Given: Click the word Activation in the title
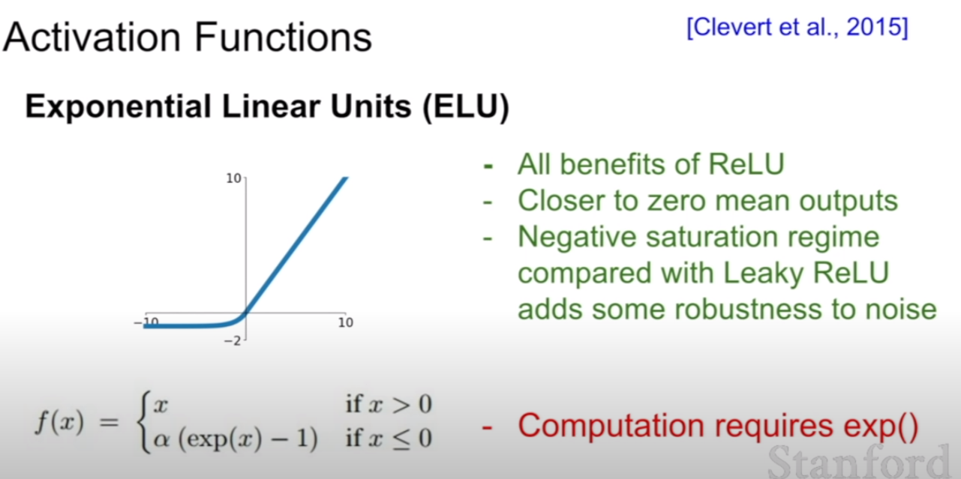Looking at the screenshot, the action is point(92,37).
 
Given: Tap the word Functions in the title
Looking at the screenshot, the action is point(283,37).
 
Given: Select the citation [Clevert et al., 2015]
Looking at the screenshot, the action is point(797,28).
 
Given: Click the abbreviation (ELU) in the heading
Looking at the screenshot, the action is point(466,106).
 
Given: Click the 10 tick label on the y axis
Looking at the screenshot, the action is point(234,178).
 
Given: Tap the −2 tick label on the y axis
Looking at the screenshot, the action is point(233,341).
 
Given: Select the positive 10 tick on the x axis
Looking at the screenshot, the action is point(346,322).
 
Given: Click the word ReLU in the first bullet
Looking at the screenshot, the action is point(746,164).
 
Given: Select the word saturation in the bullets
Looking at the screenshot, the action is point(713,237).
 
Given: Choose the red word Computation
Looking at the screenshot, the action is point(611,426).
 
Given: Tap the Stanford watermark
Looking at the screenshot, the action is point(857,463).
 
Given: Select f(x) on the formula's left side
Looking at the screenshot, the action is point(59,422).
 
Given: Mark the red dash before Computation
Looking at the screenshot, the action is point(487,427).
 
